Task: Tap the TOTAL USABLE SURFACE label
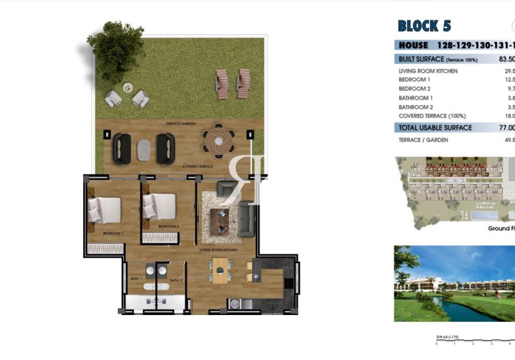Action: (x=435, y=127)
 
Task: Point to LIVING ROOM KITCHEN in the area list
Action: (x=428, y=71)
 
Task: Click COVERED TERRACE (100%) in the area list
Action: (x=433, y=115)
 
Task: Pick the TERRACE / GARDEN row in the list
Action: (x=423, y=140)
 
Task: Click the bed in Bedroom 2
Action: (x=159, y=206)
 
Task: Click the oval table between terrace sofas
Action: (x=144, y=149)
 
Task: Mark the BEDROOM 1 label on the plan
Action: (x=112, y=234)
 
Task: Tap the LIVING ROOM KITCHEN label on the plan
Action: (x=218, y=251)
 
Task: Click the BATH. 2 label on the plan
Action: (x=176, y=280)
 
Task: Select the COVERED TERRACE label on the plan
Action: (x=198, y=166)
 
